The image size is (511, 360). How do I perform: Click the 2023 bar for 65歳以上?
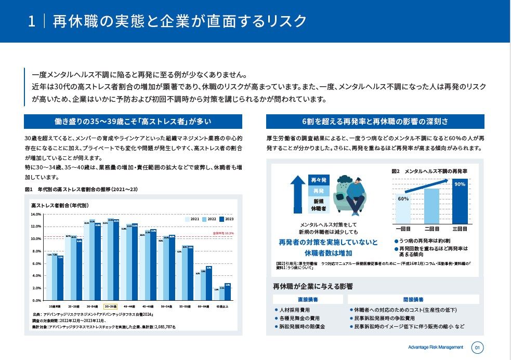228,292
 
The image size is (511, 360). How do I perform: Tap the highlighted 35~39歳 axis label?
111,306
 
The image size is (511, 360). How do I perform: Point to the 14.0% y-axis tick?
36,214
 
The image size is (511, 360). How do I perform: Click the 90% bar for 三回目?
460,201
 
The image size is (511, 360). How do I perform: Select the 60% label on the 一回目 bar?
403,198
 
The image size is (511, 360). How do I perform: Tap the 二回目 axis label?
432,228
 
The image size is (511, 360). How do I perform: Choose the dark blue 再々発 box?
318,180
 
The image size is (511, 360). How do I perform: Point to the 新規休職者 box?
318,205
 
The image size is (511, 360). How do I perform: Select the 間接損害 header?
413,299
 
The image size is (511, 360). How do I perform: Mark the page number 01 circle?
478,347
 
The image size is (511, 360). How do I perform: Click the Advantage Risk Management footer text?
435,347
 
